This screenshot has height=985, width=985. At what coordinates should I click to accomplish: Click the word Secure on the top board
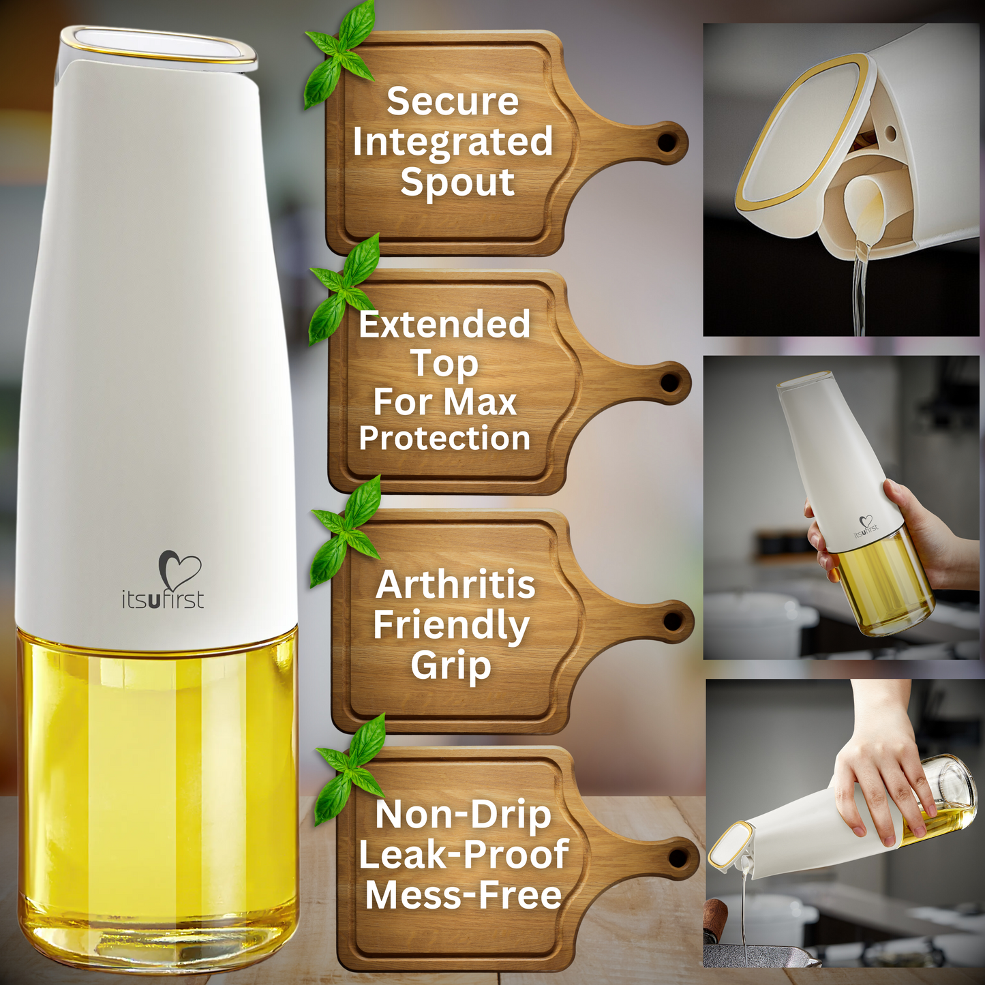(x=453, y=101)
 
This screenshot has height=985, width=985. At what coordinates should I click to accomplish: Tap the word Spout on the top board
(x=457, y=183)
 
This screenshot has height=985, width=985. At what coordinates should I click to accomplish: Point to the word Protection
(x=444, y=438)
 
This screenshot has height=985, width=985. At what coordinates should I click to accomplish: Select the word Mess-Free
(x=463, y=895)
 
